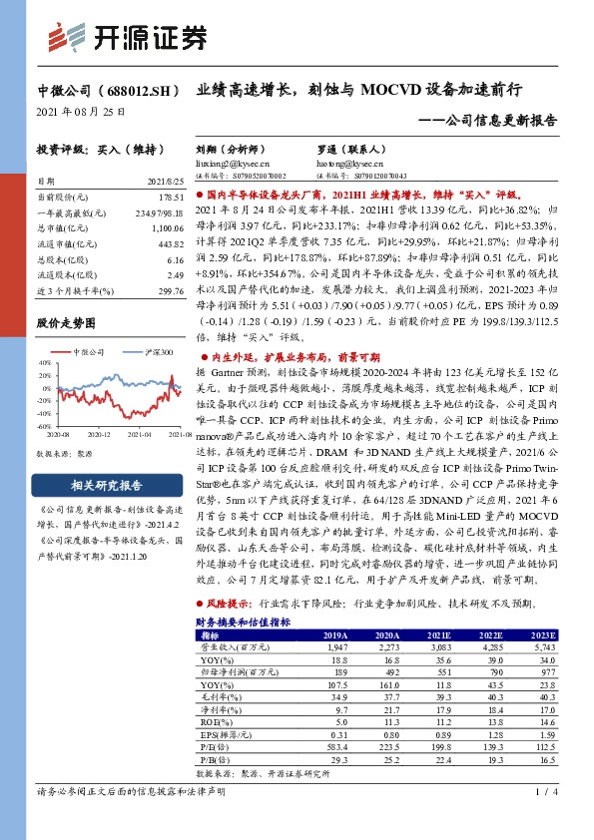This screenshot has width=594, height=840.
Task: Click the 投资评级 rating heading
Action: point(85,148)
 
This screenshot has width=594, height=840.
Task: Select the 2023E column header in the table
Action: point(540,633)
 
